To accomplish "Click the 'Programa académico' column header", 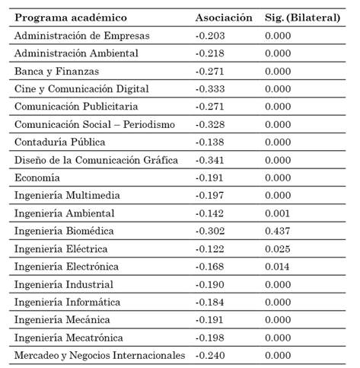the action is tap(71, 18).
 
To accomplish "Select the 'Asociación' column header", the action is tap(224, 18).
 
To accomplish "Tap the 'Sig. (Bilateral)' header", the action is tap(302, 18).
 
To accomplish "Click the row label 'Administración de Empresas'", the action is tap(82, 35).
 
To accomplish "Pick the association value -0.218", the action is tap(209, 53).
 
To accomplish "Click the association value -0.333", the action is tap(209, 88).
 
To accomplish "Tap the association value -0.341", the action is tap(209, 160).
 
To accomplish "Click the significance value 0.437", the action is tap(278, 231).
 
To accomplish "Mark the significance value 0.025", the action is tap(278, 248).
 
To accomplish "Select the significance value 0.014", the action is tap(278, 267).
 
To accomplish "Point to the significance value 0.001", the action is tap(278, 213).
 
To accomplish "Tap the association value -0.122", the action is tap(209, 248).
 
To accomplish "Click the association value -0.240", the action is tap(209, 355).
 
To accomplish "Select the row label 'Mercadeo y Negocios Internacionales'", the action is tap(100, 355).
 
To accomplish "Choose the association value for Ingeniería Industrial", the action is tap(209, 284).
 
